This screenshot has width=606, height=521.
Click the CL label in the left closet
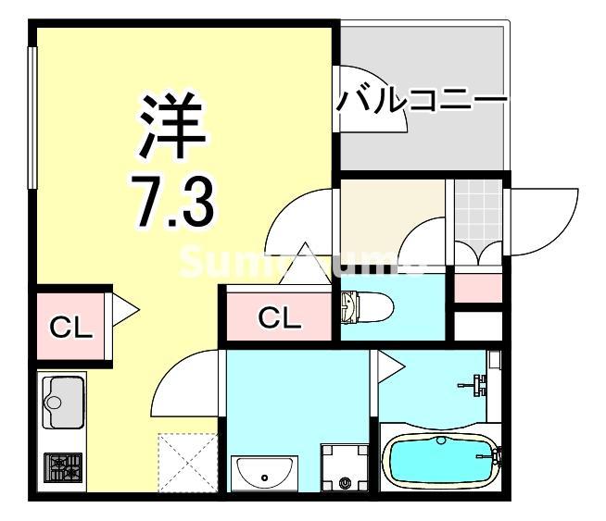pos(70,327)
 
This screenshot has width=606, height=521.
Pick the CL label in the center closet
pos(279,319)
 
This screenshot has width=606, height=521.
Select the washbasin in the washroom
pos(265,474)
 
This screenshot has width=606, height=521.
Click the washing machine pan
pos(345,468)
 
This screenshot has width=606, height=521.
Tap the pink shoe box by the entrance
pos(477,288)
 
